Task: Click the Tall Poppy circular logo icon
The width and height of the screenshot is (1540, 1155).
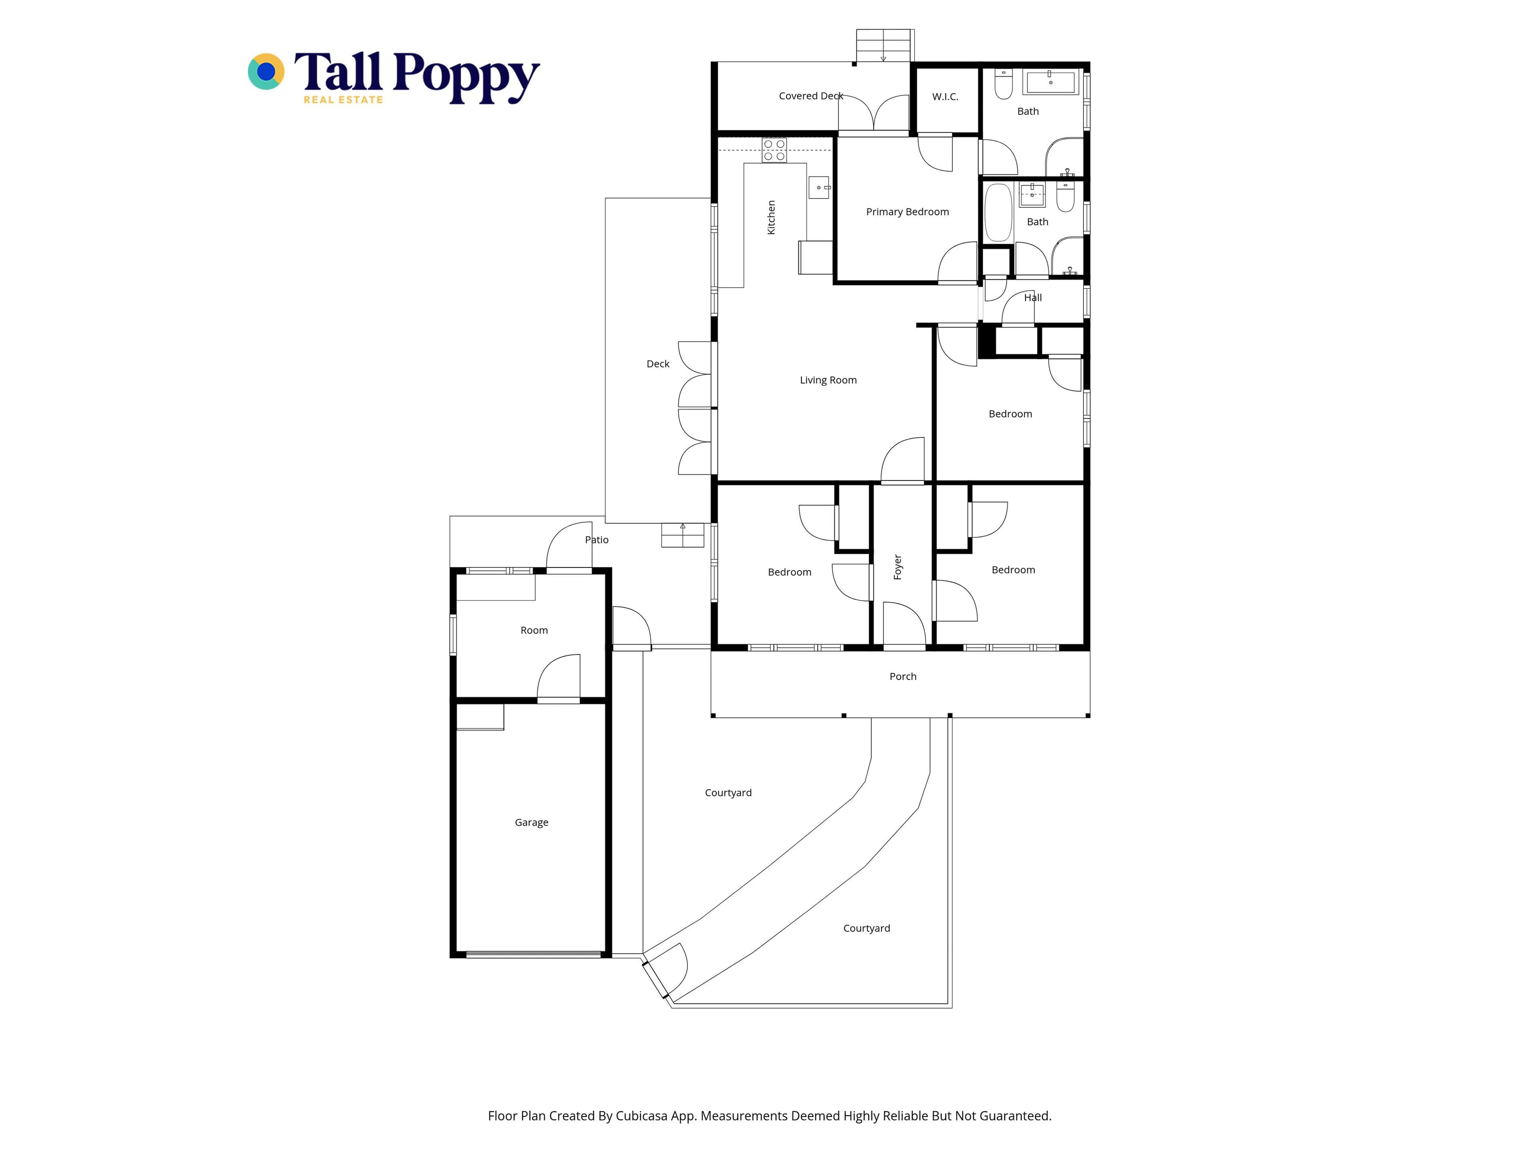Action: (x=266, y=72)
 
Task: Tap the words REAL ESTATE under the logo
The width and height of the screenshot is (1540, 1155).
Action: (x=343, y=99)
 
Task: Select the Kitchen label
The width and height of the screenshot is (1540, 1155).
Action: (x=771, y=217)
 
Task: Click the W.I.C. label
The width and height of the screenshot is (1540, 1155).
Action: (x=945, y=97)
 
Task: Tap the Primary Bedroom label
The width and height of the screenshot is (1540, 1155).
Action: (x=907, y=212)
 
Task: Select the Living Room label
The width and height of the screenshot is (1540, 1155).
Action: (x=828, y=380)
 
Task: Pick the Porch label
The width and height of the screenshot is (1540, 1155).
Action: (x=903, y=676)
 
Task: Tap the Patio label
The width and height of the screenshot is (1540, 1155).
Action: (x=597, y=539)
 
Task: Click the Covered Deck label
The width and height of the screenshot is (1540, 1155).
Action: (x=811, y=96)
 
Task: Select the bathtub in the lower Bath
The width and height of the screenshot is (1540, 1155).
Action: (x=998, y=212)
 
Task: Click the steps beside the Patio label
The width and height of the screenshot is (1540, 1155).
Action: (x=682, y=535)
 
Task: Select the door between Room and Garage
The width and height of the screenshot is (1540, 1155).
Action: (x=558, y=679)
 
